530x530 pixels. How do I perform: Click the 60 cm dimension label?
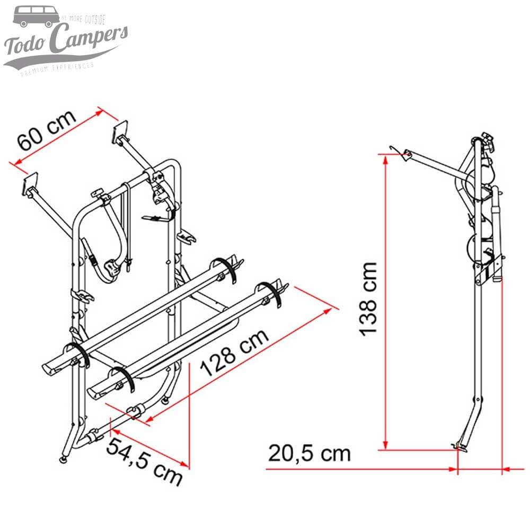47,133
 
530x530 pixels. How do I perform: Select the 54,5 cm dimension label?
145,461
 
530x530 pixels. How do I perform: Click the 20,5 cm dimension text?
310,454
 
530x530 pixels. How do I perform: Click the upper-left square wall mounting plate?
31,183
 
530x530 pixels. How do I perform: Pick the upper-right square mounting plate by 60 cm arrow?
121,131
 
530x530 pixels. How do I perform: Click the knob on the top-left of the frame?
98,196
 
